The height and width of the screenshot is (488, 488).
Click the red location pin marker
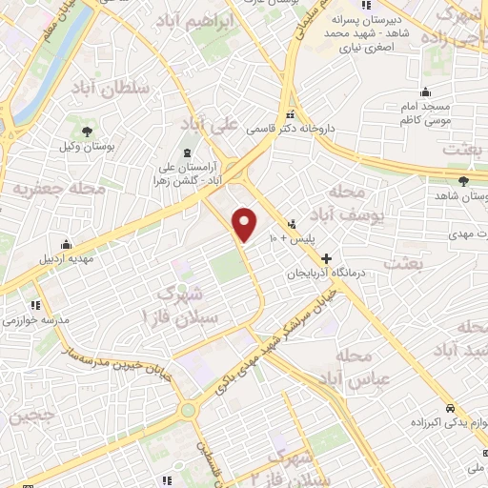(x=245, y=224)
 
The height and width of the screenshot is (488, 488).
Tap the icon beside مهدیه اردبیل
(x=65, y=243)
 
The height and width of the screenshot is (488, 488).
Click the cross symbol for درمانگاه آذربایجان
(x=326, y=257)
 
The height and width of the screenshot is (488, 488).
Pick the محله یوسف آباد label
(x=340, y=205)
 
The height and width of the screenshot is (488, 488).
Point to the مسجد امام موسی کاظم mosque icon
(x=426, y=93)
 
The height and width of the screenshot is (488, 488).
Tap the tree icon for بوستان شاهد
(x=463, y=180)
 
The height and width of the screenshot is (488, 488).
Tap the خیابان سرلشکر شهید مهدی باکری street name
(x=276, y=345)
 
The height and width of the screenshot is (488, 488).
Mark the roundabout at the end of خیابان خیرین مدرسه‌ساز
(x=188, y=410)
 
